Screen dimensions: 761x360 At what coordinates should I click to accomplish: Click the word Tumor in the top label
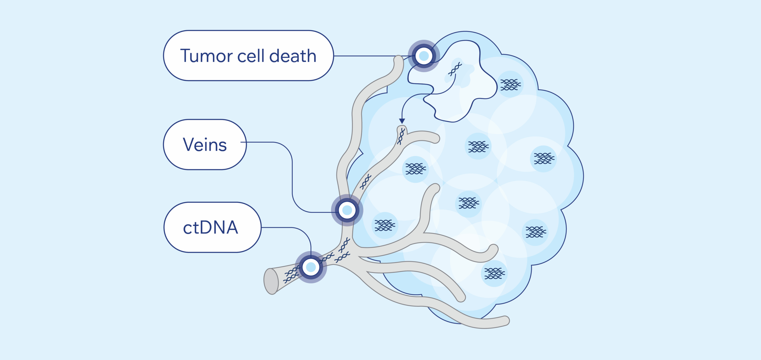207,56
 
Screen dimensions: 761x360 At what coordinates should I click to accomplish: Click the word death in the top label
293,56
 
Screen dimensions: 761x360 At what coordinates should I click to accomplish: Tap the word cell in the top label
251,56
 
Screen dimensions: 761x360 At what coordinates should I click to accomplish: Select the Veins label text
205,145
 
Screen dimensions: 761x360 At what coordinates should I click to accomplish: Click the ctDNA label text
210,228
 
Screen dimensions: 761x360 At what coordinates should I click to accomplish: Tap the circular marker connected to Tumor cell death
424,56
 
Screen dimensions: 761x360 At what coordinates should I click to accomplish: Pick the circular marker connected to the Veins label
347,210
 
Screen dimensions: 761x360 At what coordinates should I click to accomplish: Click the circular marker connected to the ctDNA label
311,267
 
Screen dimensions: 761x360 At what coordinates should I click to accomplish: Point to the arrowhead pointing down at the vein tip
402,121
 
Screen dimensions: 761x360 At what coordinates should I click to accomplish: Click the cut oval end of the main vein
271,281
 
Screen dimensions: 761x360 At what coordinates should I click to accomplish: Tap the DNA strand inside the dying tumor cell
455,69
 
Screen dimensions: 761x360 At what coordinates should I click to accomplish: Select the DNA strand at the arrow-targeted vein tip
401,136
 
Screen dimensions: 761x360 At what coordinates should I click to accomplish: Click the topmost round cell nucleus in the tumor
510,84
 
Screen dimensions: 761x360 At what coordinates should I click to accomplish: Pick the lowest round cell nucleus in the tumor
494,273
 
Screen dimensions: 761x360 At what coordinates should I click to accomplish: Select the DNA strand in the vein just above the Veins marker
365,182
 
